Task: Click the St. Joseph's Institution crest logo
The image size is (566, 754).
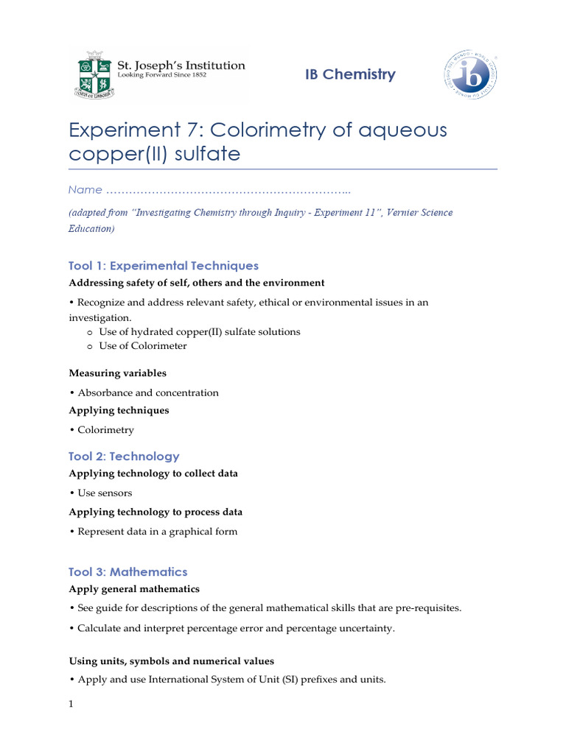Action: pos(93,75)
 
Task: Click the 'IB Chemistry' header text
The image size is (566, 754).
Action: pos(350,74)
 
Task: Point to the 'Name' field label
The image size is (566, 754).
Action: pos(85,190)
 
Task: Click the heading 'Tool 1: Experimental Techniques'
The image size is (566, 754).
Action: pos(163,266)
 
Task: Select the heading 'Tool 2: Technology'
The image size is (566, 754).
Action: pos(124,457)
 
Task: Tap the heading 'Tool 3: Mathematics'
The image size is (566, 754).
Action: pos(127,572)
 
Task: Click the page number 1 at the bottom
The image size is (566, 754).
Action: pos(71,705)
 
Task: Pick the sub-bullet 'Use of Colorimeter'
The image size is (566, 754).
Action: pos(142,346)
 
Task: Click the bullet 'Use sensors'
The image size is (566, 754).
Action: pos(105,493)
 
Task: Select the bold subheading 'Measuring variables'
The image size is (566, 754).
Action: pos(117,373)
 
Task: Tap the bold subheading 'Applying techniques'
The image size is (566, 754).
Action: pos(119,410)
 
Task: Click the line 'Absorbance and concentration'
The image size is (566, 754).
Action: pos(147,393)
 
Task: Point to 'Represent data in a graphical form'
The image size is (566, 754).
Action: pos(157,532)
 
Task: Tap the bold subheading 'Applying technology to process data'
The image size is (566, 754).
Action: pos(156,512)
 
